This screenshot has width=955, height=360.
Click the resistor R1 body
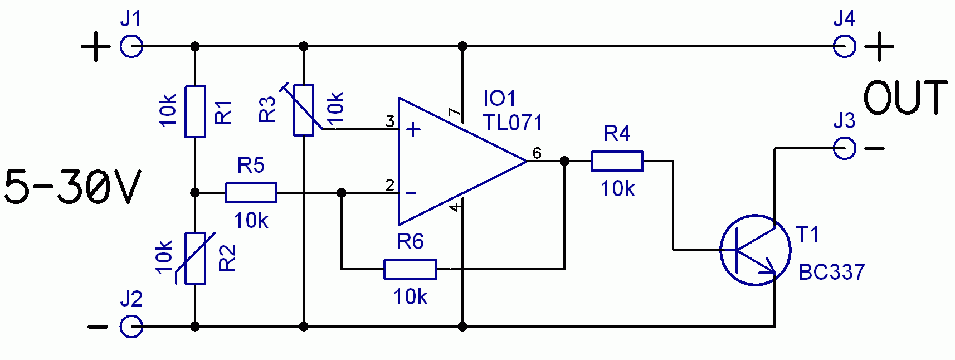point(195,112)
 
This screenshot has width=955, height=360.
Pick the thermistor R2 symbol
point(195,259)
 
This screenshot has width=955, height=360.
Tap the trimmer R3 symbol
point(304,110)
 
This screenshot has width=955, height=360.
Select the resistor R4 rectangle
point(617,161)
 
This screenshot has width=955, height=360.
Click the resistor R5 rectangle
point(251,193)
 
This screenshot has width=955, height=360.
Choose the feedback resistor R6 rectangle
point(410,269)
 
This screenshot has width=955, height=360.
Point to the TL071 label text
point(513,123)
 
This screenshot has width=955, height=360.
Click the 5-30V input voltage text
point(72,188)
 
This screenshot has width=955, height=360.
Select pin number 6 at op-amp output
point(537,153)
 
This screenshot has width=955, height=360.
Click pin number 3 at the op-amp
point(389,121)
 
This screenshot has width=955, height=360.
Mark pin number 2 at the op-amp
point(389,185)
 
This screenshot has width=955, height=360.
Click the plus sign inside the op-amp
point(413,130)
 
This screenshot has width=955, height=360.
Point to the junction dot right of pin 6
point(564,161)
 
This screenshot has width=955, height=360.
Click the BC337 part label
point(831,272)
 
